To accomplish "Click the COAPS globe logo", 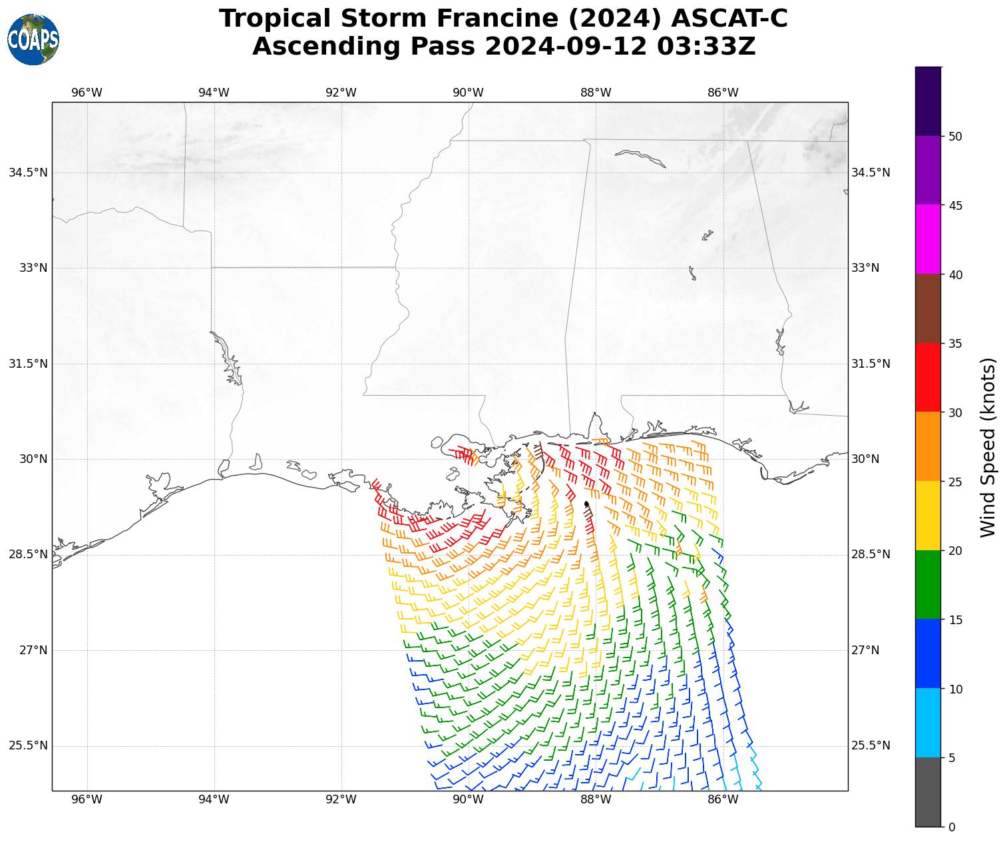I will pyautogui.click(x=33, y=40).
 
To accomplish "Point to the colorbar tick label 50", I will pyautogui.click(x=955, y=137).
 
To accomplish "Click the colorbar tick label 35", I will pyautogui.click(x=955, y=344).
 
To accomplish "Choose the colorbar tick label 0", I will pyautogui.click(x=952, y=827).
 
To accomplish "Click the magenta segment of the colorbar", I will pyautogui.click(x=928, y=239).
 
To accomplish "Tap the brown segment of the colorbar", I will pyautogui.click(x=928, y=308).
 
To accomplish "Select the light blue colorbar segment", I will pyautogui.click(x=928, y=723).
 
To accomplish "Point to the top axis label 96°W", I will pyautogui.click(x=87, y=93).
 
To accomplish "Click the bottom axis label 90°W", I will pyautogui.click(x=469, y=799).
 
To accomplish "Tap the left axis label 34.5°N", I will pyautogui.click(x=28, y=173).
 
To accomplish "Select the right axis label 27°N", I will pyautogui.click(x=865, y=650).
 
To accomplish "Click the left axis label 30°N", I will pyautogui.click(x=33, y=459).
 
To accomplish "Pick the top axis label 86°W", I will pyautogui.click(x=723, y=93).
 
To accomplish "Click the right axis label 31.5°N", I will pyautogui.click(x=871, y=364).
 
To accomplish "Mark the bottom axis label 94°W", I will pyautogui.click(x=214, y=799).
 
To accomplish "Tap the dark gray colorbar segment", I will pyautogui.click(x=928, y=792).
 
